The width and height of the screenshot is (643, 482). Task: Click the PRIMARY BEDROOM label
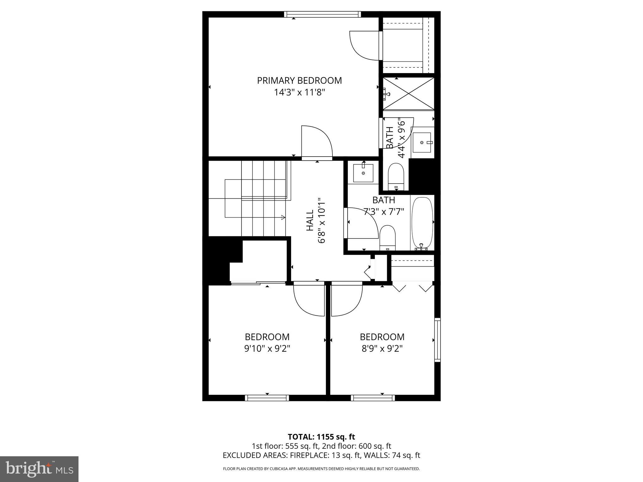coord(299,81)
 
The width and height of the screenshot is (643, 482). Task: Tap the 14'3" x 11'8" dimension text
coord(299,93)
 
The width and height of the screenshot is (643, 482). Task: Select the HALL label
coord(310,220)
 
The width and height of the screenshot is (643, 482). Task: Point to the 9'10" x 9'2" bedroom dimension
coord(267,349)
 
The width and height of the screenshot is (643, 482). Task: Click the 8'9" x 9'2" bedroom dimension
coord(382,349)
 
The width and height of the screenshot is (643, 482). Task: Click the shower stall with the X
coord(408,94)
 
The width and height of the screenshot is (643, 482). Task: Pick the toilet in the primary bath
coord(396,176)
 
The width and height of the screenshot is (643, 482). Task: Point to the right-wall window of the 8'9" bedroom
coord(437,340)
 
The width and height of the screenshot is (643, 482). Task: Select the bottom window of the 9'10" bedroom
coord(267,398)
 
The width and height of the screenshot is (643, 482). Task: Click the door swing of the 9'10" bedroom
coord(308,300)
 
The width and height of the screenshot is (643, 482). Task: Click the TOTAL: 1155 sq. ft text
coord(321,437)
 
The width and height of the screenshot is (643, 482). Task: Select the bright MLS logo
coord(39,469)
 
